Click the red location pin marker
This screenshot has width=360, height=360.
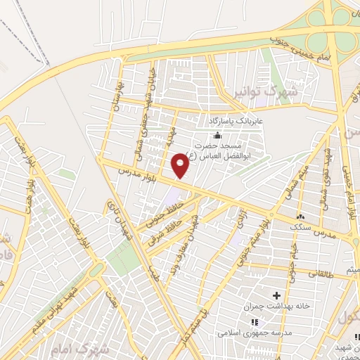tap(181, 165)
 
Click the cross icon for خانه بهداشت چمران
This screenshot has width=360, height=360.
tap(276, 295)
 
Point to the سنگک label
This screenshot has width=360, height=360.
tap(303, 229)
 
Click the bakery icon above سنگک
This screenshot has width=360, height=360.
tap(302, 217)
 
